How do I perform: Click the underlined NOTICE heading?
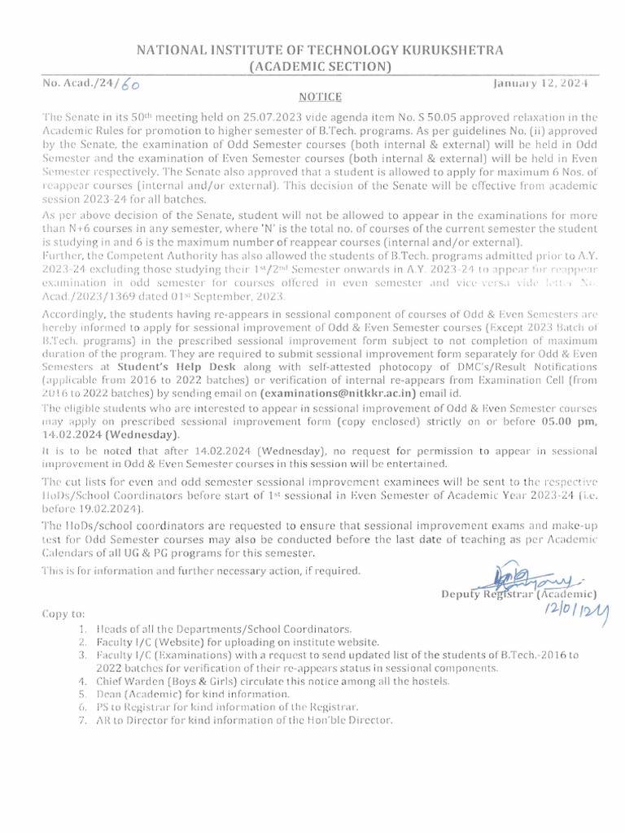[312, 96]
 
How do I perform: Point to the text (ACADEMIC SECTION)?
[312, 67]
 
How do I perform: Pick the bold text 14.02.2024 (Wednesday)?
[122, 434]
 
